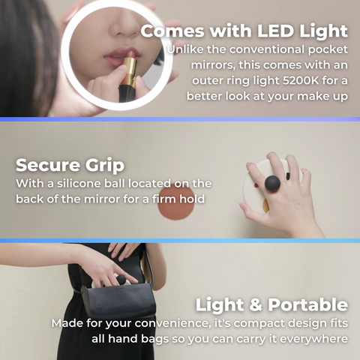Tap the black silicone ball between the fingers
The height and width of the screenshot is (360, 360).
point(272,184)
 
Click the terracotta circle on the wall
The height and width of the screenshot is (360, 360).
point(176,202)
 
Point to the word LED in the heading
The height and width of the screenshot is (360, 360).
point(275,31)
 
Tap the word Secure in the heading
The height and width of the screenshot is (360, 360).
point(48,165)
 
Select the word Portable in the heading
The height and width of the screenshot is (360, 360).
point(307,304)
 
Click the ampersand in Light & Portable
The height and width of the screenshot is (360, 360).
point(256,305)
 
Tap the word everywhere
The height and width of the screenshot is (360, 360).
point(313,339)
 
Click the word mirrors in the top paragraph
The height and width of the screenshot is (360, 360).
point(213,65)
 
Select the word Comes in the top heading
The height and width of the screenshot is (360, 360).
point(172,31)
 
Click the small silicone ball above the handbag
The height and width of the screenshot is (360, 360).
point(121,280)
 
